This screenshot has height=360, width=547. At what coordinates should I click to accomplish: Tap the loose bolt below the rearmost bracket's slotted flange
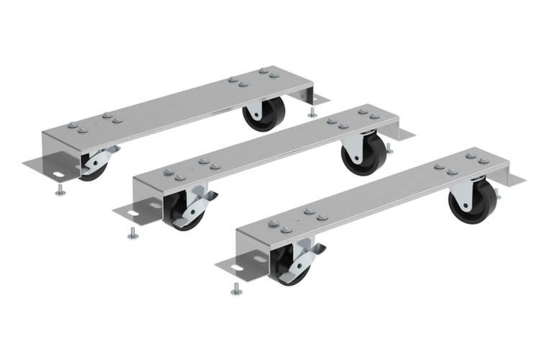60,190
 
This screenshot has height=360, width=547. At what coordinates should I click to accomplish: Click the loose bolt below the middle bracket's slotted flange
132,233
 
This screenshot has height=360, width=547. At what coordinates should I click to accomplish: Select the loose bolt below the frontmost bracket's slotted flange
236,289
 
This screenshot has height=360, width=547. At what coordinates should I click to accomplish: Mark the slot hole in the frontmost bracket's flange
236,270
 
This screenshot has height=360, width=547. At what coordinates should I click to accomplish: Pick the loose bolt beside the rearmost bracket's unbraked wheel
312,112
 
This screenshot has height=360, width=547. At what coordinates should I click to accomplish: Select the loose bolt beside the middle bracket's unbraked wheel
389,149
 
